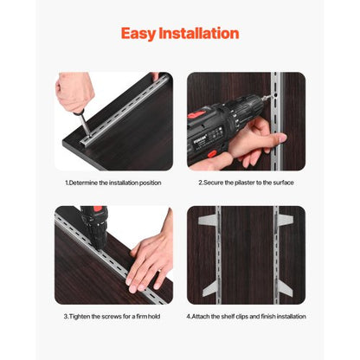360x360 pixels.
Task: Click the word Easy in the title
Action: (x=139, y=34)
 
